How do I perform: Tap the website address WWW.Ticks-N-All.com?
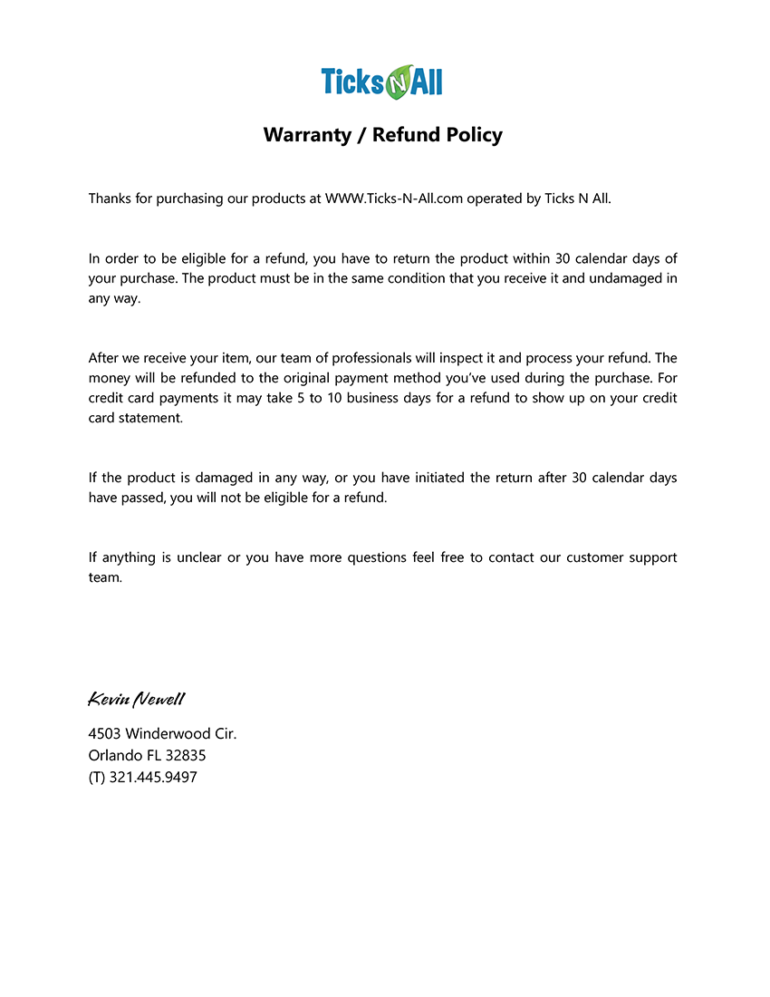(x=394, y=198)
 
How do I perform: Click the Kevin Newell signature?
(x=137, y=699)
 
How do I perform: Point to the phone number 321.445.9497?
(x=153, y=777)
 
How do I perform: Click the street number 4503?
(x=105, y=733)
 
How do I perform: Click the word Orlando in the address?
(x=115, y=755)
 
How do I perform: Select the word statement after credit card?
(x=150, y=418)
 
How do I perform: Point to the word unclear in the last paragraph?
(x=195, y=557)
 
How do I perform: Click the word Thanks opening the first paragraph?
(x=109, y=198)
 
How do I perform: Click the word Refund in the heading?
(x=405, y=135)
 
